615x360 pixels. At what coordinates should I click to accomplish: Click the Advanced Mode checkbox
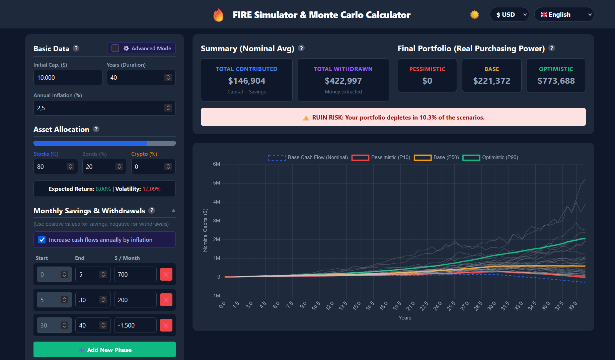(x=115, y=48)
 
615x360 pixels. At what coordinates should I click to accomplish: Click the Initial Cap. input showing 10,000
(x=68, y=78)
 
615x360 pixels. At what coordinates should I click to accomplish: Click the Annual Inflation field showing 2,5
(x=99, y=108)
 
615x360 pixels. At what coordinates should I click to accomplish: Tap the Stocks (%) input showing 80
(x=50, y=167)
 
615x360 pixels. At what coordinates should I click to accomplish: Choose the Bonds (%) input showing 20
(x=99, y=167)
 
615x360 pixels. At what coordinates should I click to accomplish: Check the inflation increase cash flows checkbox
(x=42, y=240)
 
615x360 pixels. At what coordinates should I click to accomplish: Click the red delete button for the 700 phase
(x=166, y=274)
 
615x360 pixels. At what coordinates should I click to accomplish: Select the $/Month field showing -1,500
(x=135, y=325)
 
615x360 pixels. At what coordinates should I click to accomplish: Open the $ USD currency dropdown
(x=509, y=15)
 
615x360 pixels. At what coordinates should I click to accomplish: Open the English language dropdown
(x=564, y=15)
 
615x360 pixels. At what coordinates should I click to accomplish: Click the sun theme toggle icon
(x=474, y=15)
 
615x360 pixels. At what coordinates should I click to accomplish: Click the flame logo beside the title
(x=218, y=15)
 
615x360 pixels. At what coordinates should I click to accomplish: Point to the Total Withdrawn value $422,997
(x=343, y=81)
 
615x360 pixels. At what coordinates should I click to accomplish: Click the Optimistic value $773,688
(x=556, y=81)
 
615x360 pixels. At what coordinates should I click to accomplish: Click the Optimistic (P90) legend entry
(x=490, y=157)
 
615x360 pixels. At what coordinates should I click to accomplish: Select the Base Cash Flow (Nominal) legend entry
(x=308, y=157)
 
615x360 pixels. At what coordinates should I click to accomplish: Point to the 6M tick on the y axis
(x=217, y=164)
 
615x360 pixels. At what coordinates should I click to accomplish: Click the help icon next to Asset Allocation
(x=96, y=129)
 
